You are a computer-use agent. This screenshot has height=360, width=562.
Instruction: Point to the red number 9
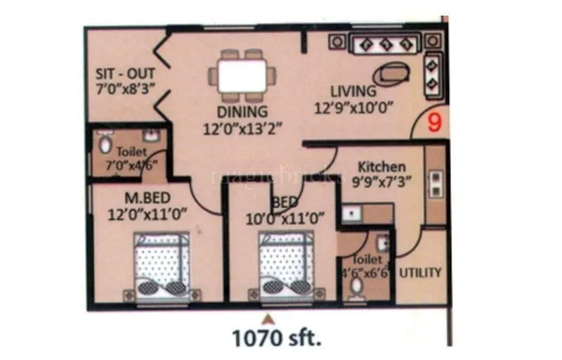(436, 122)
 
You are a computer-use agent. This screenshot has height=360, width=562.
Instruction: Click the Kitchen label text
(382, 167)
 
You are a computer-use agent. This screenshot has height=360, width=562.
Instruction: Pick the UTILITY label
(420, 272)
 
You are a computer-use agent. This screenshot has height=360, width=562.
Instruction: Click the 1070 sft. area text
(277, 339)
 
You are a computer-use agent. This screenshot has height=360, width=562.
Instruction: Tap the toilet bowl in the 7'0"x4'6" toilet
(105, 145)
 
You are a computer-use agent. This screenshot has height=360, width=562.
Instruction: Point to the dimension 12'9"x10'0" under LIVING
(352, 108)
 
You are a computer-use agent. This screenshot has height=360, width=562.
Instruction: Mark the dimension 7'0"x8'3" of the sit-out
(126, 89)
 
